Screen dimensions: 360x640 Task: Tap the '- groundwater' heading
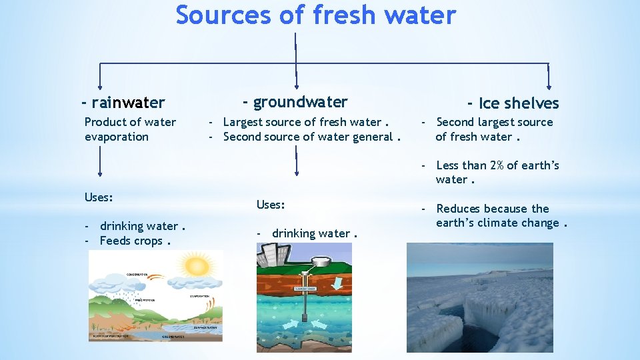295,102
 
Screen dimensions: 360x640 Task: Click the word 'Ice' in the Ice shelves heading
489,103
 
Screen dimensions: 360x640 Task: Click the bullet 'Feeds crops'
130,241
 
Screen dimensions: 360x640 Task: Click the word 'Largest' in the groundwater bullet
244,122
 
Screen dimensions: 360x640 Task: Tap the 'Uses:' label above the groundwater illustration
271,205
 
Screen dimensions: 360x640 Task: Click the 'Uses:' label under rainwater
99,198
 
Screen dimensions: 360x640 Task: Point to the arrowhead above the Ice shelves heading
548,85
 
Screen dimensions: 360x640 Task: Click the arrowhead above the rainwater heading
100,85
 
